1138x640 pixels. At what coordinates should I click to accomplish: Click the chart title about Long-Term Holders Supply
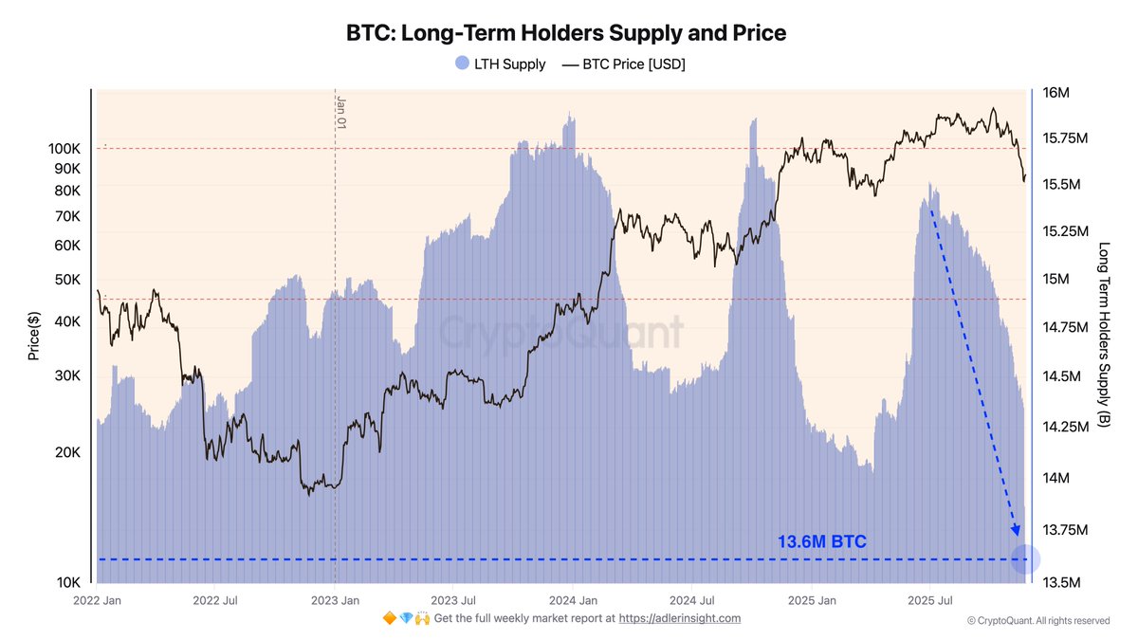(x=565, y=33)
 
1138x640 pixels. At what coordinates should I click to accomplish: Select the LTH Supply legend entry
(x=500, y=64)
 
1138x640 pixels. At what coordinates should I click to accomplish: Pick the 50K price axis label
(x=67, y=280)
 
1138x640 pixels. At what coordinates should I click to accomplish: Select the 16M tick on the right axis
(x=1055, y=93)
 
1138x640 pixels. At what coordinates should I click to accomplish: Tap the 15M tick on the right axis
(x=1055, y=280)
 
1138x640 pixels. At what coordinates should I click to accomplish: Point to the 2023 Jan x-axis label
(x=336, y=600)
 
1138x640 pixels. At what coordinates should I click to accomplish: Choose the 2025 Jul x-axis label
(x=930, y=600)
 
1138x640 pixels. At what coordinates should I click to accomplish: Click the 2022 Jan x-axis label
(x=98, y=600)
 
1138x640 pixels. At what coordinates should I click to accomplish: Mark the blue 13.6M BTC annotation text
(x=821, y=542)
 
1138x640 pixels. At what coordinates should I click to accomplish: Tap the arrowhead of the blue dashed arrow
(x=1016, y=528)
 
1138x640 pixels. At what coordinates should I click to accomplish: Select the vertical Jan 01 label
(x=341, y=112)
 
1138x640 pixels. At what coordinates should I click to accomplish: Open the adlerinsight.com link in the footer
(x=679, y=618)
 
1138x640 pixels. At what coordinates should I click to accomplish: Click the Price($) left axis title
(x=34, y=337)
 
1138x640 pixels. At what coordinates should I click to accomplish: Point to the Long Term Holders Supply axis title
(x=1103, y=335)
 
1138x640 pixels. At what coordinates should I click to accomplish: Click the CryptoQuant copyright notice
(x=1037, y=621)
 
